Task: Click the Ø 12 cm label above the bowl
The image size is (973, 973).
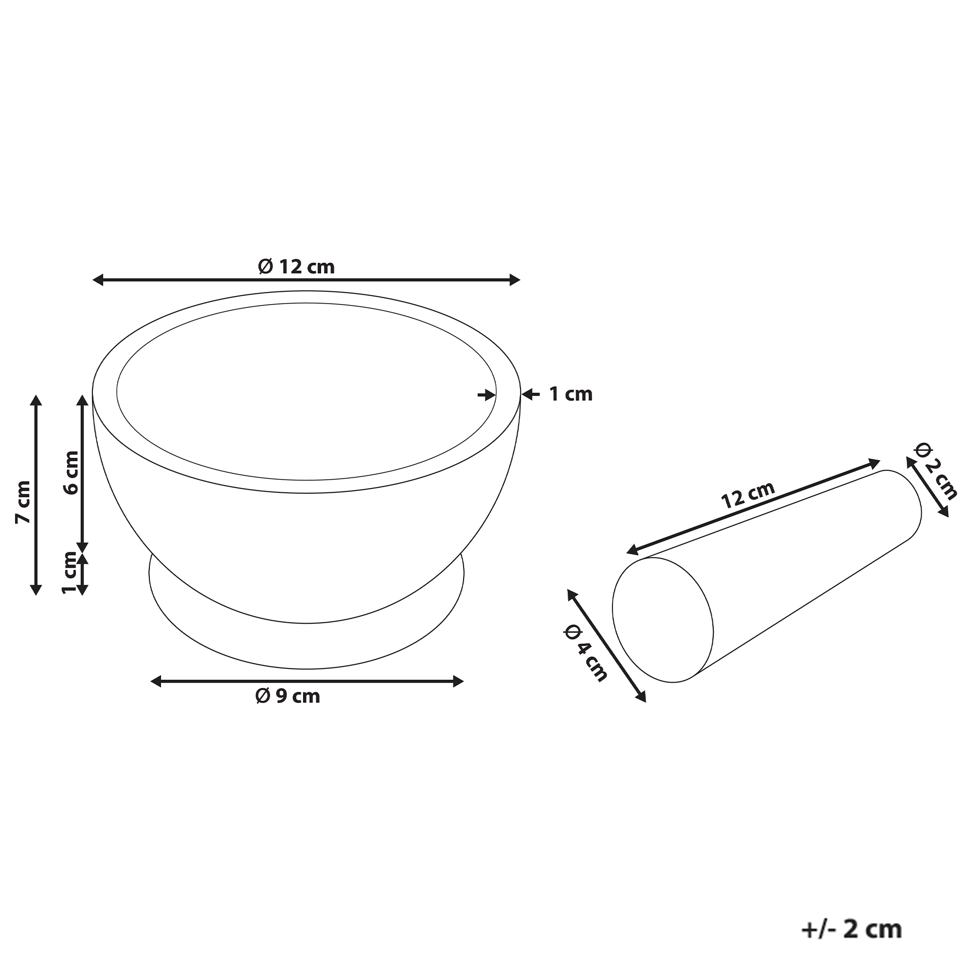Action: tap(296, 267)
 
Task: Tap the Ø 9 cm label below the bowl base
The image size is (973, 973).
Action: tap(288, 696)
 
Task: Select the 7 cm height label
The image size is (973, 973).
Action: tap(23, 502)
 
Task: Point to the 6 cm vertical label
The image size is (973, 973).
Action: tap(71, 472)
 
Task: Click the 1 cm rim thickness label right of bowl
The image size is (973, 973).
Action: tap(571, 394)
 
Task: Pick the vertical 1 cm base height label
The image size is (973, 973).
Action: tap(70, 573)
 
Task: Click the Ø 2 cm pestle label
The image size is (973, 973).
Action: tap(936, 471)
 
